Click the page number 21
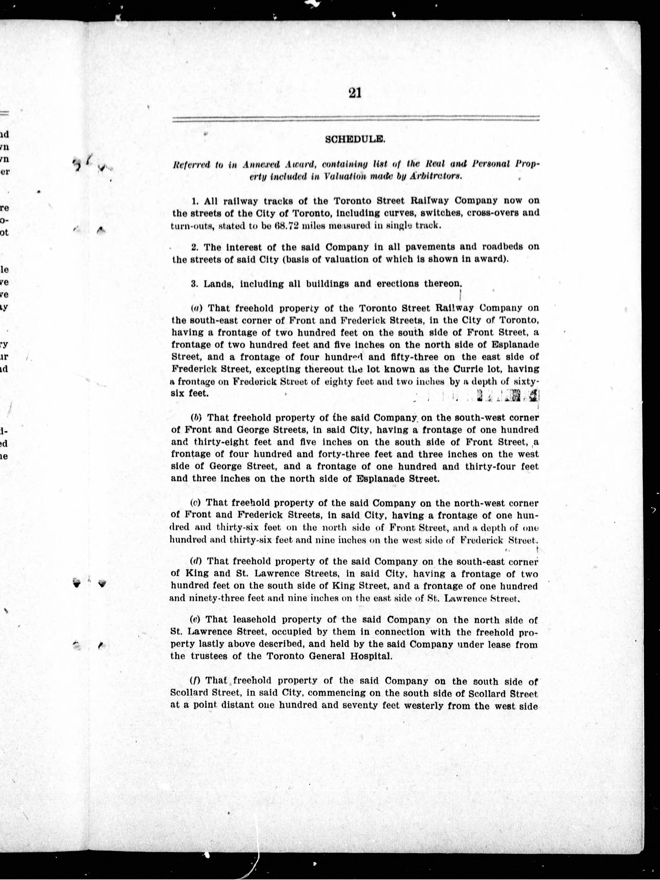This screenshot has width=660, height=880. click(354, 93)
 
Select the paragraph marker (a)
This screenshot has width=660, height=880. click(197, 308)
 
